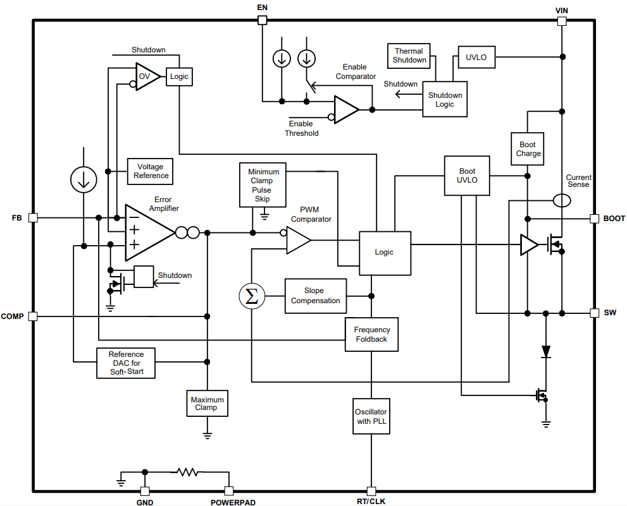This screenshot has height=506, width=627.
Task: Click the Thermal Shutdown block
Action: coord(409,56)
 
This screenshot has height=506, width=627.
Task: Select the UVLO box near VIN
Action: coord(476,57)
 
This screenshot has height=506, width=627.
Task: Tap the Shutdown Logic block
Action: coord(445,99)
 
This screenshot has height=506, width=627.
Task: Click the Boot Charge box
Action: coord(528,149)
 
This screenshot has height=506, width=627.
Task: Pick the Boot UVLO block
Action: coord(467,175)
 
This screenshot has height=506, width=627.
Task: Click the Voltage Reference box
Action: coord(151,171)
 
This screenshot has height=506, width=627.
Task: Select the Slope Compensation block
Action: coord(315,296)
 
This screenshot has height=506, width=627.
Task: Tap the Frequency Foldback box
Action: coord(372,334)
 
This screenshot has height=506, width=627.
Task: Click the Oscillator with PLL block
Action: coord(371,416)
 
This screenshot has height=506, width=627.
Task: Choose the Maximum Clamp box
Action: coord(206,403)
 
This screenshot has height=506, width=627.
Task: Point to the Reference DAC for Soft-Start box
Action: coord(126,363)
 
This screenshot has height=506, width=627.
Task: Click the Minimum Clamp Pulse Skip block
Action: coord(262,184)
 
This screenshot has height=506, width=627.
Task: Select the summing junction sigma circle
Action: coord(252,296)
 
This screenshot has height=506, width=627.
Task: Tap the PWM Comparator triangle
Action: coord(297,241)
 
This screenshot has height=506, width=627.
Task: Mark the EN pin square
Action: coord(263,20)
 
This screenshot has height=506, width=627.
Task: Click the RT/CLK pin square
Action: coord(371,491)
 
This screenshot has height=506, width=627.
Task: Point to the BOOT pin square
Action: coord(594,219)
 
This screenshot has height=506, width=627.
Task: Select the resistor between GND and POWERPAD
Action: coord(187,471)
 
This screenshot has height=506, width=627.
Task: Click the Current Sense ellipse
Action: coord(561,200)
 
